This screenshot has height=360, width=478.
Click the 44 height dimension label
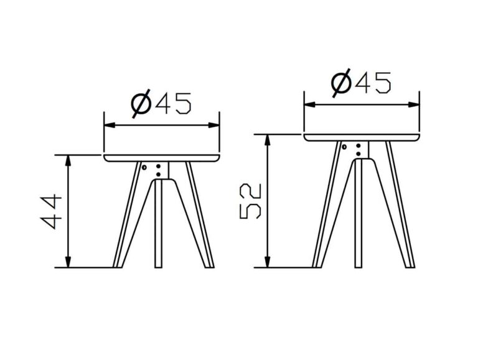[x=51, y=211]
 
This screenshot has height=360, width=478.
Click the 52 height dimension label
[x=251, y=201]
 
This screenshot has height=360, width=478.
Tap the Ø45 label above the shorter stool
[x=161, y=103]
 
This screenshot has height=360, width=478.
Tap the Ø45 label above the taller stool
[x=361, y=83]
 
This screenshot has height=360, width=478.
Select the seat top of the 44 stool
[x=162, y=158]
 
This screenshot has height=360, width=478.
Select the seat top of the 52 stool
[x=362, y=137]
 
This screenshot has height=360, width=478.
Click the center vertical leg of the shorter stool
[x=158, y=224]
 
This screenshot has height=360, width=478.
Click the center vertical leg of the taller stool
[x=358, y=213]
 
